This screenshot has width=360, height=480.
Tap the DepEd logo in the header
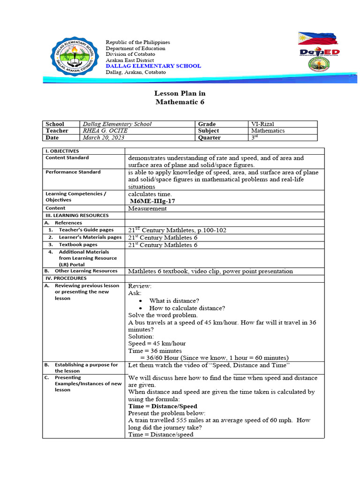click(x=319, y=52)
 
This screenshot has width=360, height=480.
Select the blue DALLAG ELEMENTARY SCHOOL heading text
click(x=153, y=66)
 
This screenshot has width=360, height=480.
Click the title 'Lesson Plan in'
click(x=180, y=94)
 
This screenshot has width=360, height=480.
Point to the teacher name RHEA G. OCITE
click(x=105, y=131)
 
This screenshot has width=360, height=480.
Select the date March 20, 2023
click(x=103, y=138)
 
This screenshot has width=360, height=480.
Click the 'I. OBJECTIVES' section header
click(x=63, y=151)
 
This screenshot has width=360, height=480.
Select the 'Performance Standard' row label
click(x=73, y=172)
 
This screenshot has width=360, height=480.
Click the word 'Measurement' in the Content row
click(x=147, y=209)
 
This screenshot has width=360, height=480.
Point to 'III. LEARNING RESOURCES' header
click(x=77, y=216)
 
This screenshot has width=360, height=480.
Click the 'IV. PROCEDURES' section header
click(x=66, y=278)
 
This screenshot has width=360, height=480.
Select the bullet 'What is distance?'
click(x=174, y=300)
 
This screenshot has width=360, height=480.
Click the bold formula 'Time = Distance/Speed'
click(x=163, y=406)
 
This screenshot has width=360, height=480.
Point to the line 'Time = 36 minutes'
click(x=155, y=351)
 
